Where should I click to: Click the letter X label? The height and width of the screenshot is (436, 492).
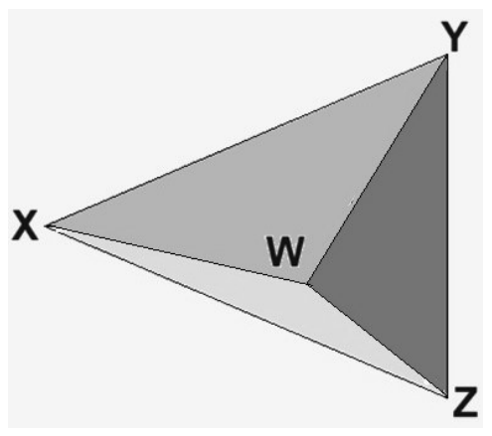coord(25,225)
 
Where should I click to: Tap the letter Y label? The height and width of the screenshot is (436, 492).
coord(454,36)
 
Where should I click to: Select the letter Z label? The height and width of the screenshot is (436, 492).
coord(465,401)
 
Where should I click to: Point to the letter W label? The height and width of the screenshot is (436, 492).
coord(285,251)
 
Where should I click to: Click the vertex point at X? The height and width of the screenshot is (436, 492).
coord(47,225)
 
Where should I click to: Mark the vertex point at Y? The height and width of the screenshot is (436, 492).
coord(447,55)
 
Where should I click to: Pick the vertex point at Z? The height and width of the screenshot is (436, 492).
coord(447,396)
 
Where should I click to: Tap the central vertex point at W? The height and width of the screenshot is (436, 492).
coord(308,283)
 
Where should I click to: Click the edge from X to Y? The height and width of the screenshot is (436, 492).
coord(246,140)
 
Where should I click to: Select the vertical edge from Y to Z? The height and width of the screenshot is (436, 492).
coord(447,225)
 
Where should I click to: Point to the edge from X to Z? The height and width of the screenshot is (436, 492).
coord(246,311)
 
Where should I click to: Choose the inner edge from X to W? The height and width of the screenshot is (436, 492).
coord(177,254)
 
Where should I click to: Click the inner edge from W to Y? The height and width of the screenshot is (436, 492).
coord(378,169)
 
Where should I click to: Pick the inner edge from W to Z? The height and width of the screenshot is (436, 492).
coord(378,340)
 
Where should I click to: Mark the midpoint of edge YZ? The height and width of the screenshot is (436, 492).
coord(447,225)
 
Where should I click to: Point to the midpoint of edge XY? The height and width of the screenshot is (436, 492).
coord(246,140)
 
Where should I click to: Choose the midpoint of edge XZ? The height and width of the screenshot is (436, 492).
coord(246,311)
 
